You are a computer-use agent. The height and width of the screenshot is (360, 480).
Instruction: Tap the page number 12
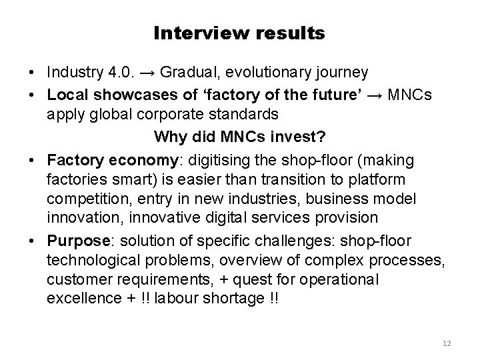click(447, 343)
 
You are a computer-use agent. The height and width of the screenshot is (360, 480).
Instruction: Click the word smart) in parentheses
click(130, 180)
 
